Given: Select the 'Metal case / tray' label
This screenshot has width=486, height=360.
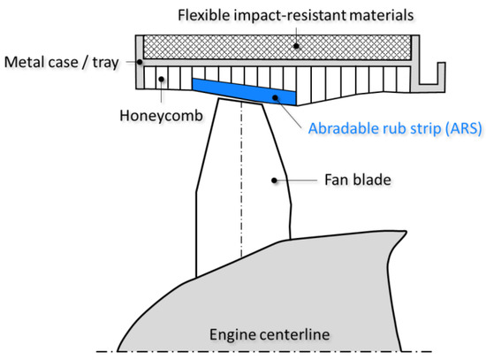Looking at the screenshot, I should click(x=61, y=63).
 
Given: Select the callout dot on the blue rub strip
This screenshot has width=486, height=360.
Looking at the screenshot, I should click(x=275, y=96).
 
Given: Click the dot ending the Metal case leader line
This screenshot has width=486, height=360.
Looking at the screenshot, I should click(x=139, y=62).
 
